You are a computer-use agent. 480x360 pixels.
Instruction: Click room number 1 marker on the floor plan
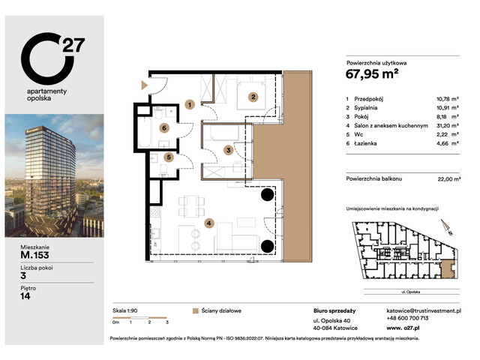tap(190, 105)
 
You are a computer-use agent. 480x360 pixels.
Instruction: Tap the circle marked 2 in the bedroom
tap(253, 97)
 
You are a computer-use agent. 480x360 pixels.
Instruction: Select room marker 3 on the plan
tap(229, 150)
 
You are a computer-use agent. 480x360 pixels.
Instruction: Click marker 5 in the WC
tap(169, 157)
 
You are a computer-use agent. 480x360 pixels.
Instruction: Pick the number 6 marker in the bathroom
tap(163, 128)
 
